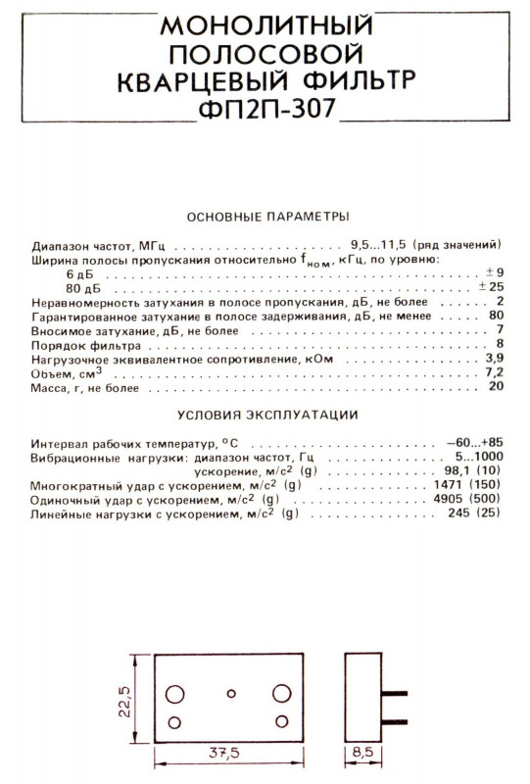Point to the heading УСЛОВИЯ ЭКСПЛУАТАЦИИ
tap(266, 415)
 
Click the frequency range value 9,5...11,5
tap(380, 244)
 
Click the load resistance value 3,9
tap(494, 360)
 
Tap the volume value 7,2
tap(494, 373)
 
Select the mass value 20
tap(496, 388)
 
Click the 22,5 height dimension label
tap(125, 702)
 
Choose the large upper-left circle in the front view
tap(176, 692)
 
